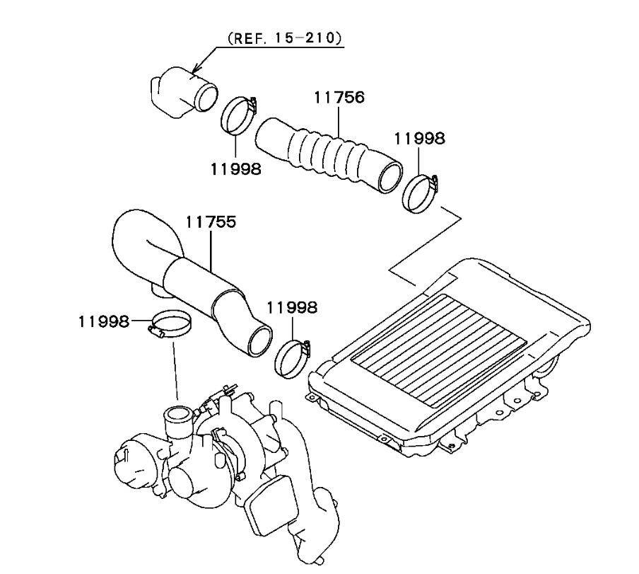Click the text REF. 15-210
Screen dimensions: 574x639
coord(284,38)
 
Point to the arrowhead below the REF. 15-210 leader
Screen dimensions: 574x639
coord(196,69)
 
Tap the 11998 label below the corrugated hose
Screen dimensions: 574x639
coord(235,168)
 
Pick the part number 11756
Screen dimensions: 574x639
coord(340,97)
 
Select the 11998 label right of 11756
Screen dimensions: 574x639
coord(420,139)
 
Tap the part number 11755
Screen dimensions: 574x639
coord(211,222)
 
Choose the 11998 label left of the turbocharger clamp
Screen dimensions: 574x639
coord(104,322)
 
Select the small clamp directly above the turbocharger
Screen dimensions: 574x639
coord(170,326)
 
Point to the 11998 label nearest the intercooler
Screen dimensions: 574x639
coord(292,308)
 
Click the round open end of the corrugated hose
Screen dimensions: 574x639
coord(389,177)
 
